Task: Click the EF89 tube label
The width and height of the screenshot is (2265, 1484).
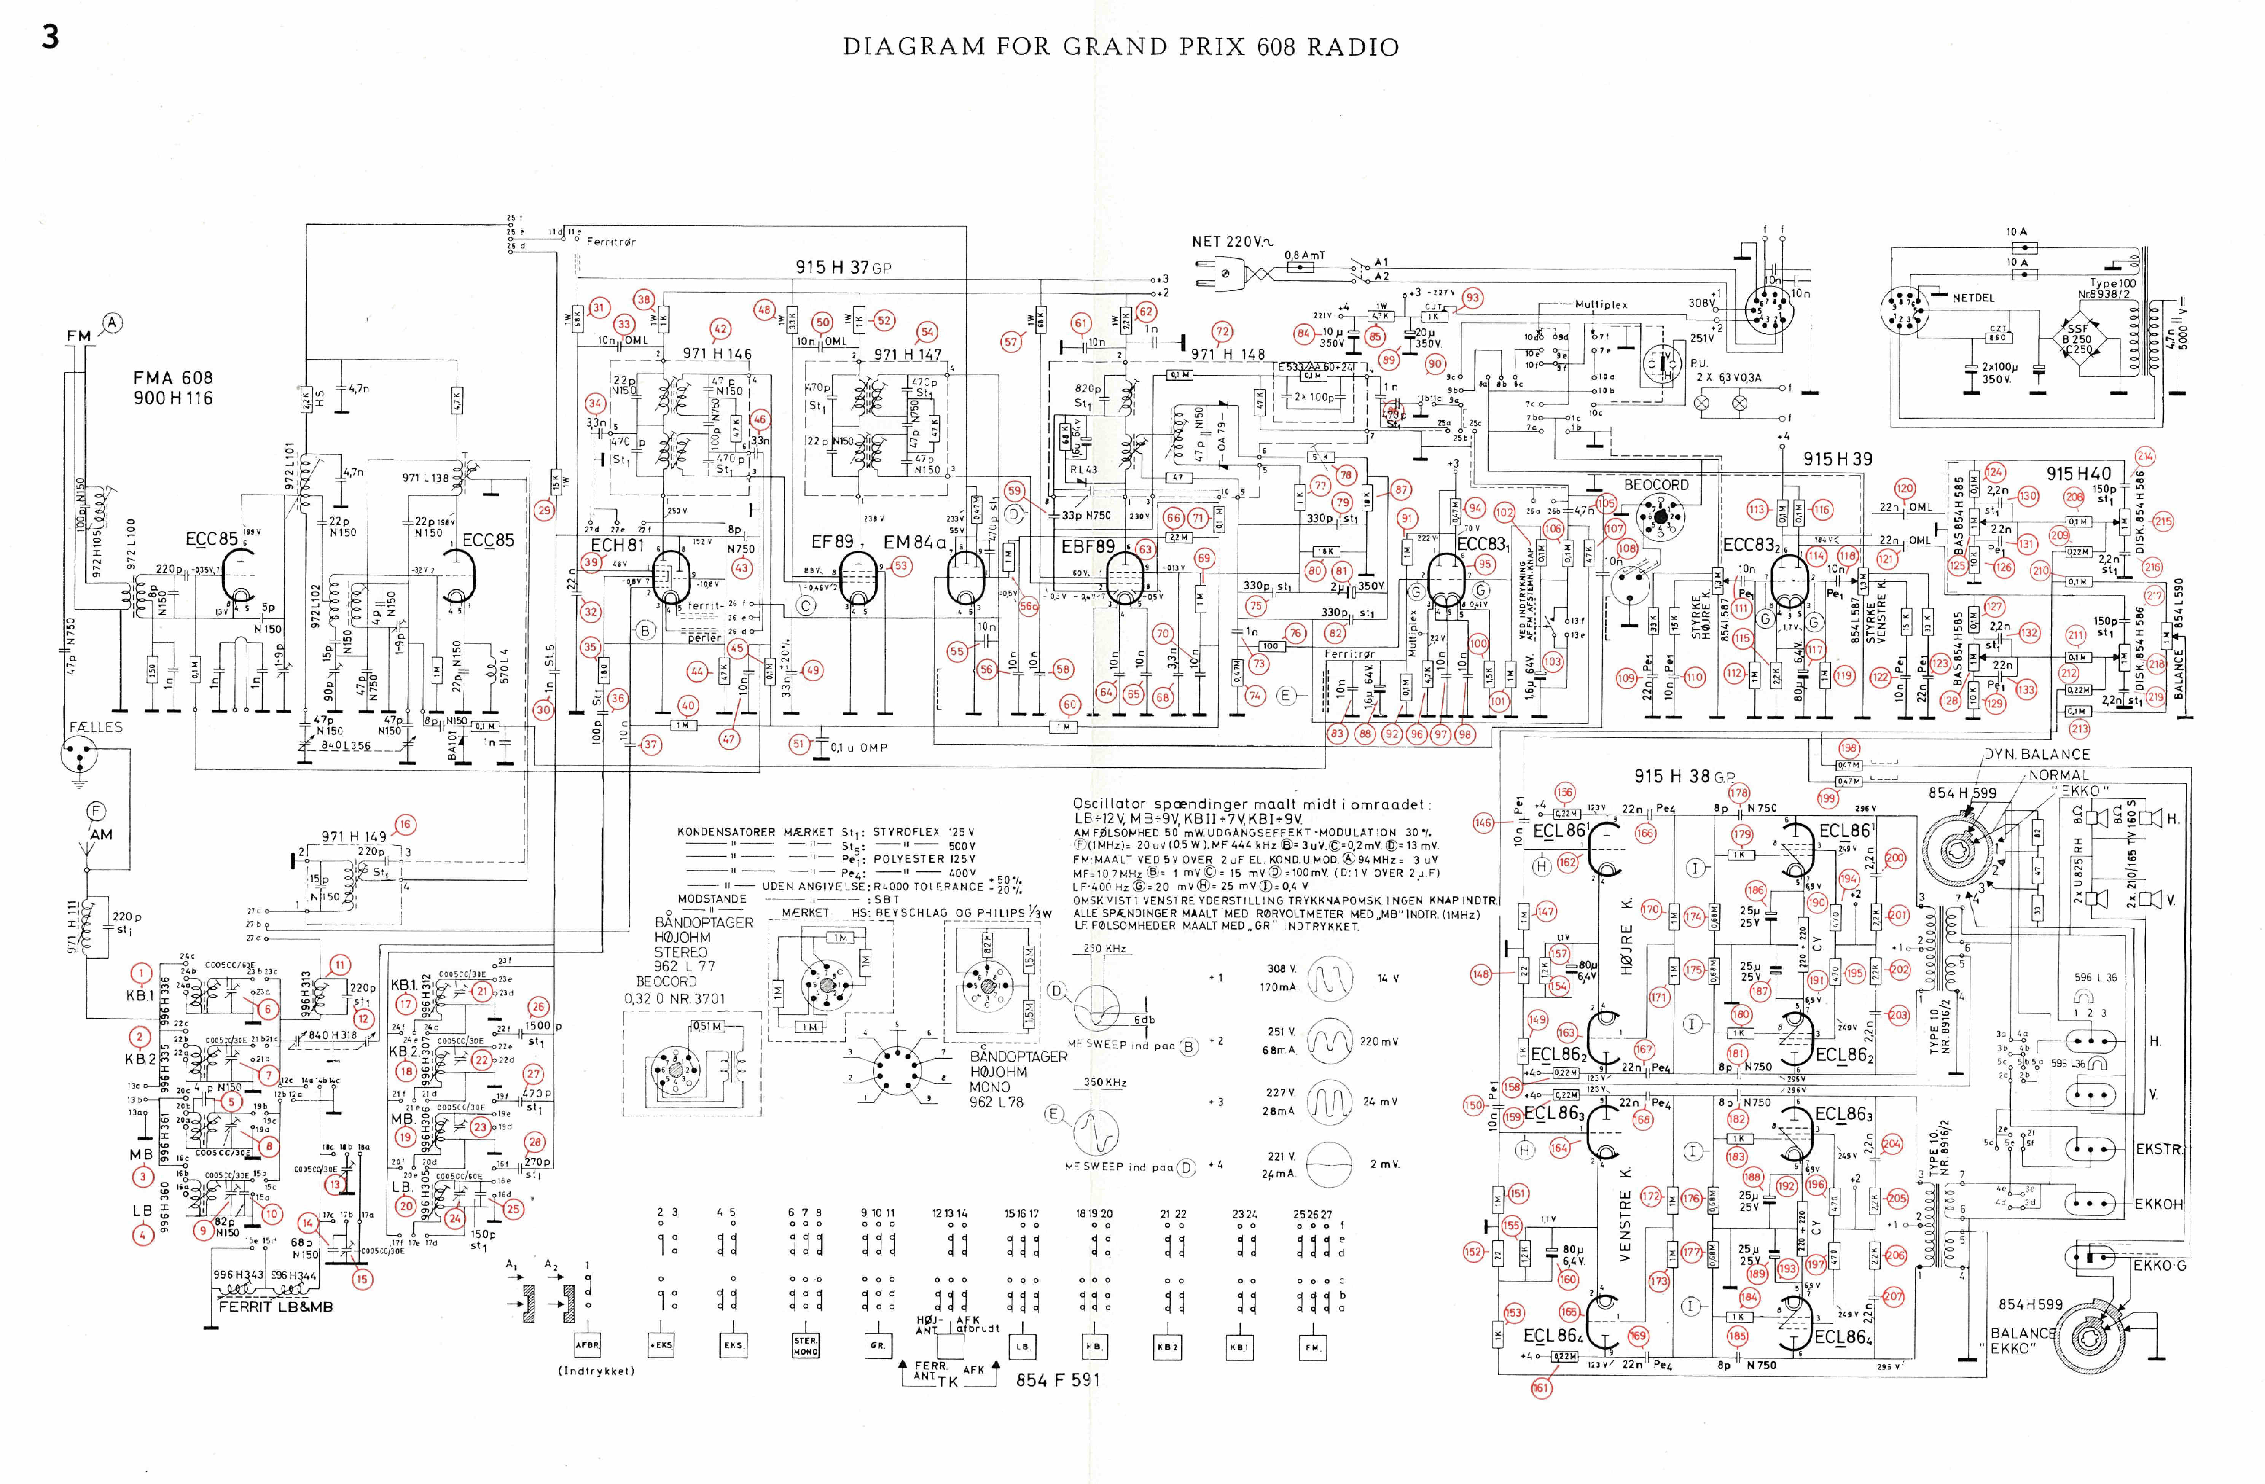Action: pos(833,541)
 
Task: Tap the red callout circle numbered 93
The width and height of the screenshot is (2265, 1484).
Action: pos(1472,298)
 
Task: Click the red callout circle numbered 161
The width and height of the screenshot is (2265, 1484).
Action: pos(1541,1388)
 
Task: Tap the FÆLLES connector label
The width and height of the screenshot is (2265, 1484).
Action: pos(95,727)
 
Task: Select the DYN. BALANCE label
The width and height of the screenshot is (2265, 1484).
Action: pos(2037,754)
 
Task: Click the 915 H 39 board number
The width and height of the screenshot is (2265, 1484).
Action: pos(1837,459)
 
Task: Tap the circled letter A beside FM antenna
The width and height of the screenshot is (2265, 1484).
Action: pos(112,323)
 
